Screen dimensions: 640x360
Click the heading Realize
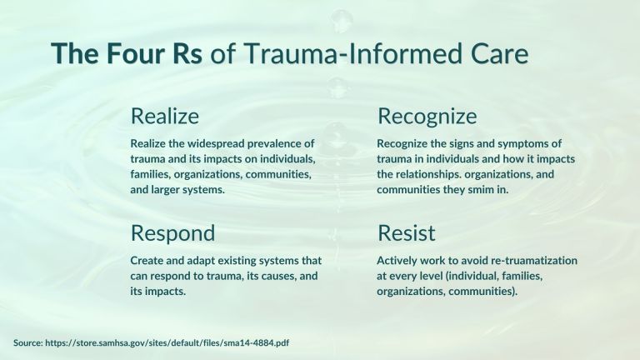[165, 116]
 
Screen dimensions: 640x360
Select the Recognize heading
[427, 117]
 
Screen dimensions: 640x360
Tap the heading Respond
[172, 234]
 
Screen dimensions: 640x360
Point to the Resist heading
[406, 233]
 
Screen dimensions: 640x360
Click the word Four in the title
[135, 53]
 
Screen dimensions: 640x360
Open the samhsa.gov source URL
[167, 342]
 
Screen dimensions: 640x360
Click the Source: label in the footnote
[27, 342]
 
